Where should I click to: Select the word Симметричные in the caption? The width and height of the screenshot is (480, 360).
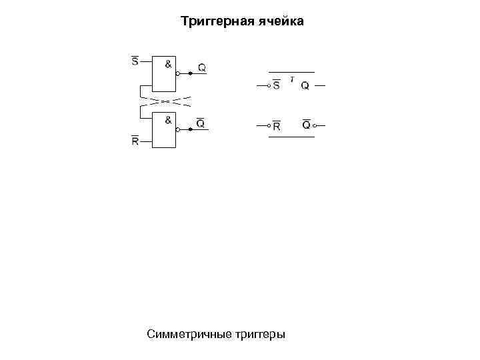(190, 333)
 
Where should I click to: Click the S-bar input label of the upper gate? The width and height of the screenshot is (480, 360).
(135, 62)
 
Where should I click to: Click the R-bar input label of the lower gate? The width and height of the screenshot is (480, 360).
(135, 141)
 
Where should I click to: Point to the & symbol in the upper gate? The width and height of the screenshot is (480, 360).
(168, 64)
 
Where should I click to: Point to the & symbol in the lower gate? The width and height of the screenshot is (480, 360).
(168, 120)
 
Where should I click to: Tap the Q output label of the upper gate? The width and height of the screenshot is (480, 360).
(201, 68)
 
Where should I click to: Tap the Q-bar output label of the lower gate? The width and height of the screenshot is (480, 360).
(201, 124)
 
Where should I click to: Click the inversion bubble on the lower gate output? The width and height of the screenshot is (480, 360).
(179, 130)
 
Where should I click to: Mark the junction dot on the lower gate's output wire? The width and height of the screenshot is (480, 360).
(191, 130)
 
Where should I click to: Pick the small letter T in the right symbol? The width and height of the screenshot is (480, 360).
(292, 79)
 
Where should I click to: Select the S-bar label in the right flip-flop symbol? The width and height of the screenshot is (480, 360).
(276, 86)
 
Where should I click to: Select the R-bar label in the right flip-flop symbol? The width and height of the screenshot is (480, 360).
(276, 126)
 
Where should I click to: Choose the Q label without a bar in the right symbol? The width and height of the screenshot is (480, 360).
(305, 86)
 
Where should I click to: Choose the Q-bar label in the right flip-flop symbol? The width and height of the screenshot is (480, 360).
(306, 125)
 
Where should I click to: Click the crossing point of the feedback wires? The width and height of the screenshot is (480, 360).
(165, 101)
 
